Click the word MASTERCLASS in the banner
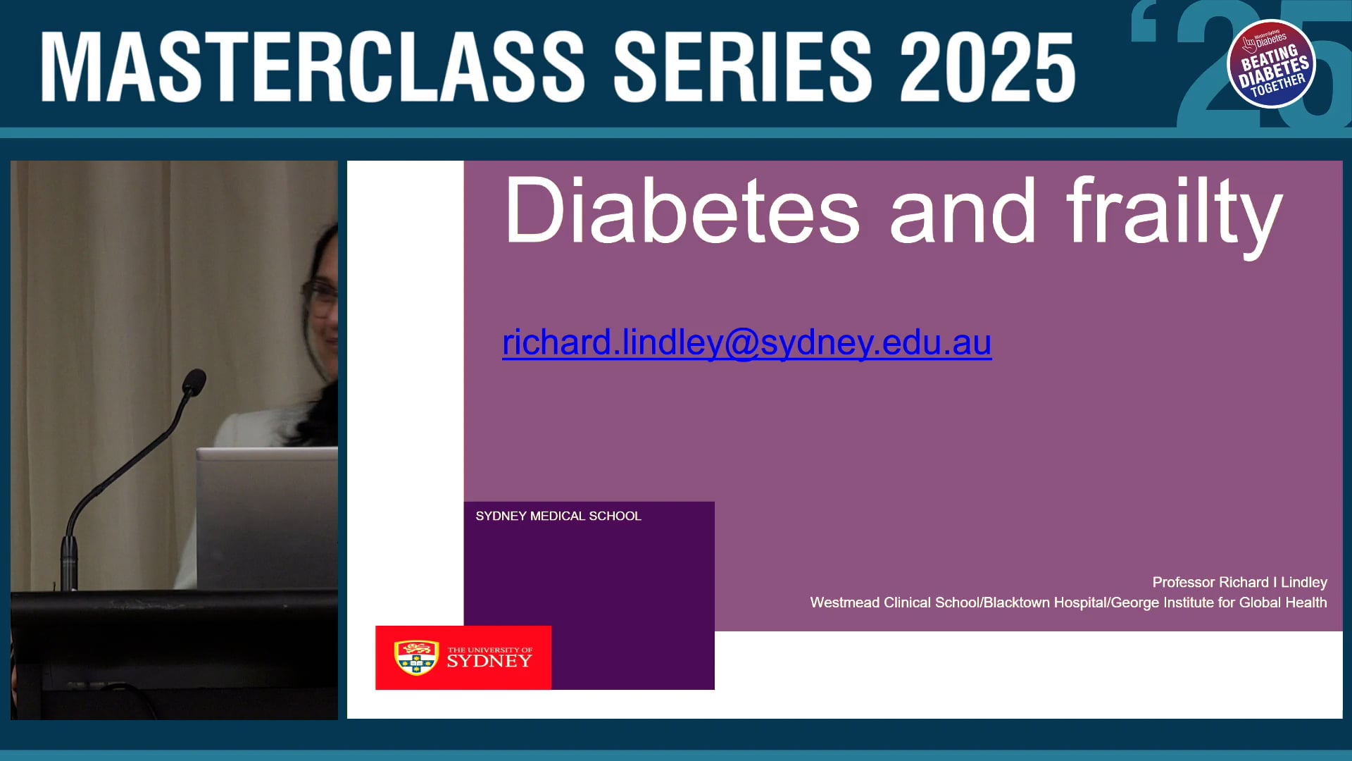tap(313, 67)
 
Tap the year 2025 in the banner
tap(987, 67)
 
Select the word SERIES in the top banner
tap(743, 67)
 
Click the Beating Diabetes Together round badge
tap(1271, 64)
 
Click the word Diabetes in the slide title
tap(682, 211)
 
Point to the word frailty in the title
tap(1174, 211)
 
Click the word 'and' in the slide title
tap(963, 211)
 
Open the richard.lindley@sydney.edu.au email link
tap(746, 342)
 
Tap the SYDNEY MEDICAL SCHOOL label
tap(558, 516)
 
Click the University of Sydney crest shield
tap(416, 657)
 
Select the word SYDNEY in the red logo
tap(489, 662)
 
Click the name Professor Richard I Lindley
tap(1239, 582)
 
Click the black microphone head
tap(194, 383)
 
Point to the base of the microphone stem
tap(68, 564)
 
